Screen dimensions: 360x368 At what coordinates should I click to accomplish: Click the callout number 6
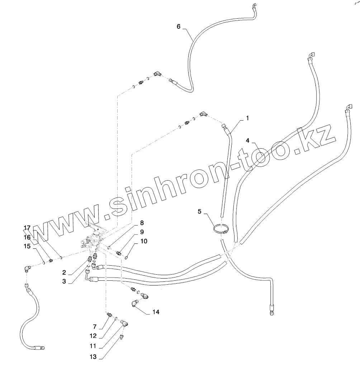pyautogui.click(x=179, y=27)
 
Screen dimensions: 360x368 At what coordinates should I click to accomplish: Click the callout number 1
pyautogui.click(x=247, y=118)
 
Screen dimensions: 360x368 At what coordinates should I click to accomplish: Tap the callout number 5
pyautogui.click(x=200, y=211)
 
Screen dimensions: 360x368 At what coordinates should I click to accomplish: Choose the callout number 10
pyautogui.click(x=143, y=241)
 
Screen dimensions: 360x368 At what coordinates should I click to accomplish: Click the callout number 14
pyautogui.click(x=155, y=312)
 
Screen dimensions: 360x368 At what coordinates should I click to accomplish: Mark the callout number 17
pyautogui.click(x=27, y=228)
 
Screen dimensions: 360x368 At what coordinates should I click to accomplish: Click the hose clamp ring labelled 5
pyautogui.click(x=221, y=229)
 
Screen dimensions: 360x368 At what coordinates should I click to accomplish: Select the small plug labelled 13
pyautogui.click(x=122, y=337)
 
